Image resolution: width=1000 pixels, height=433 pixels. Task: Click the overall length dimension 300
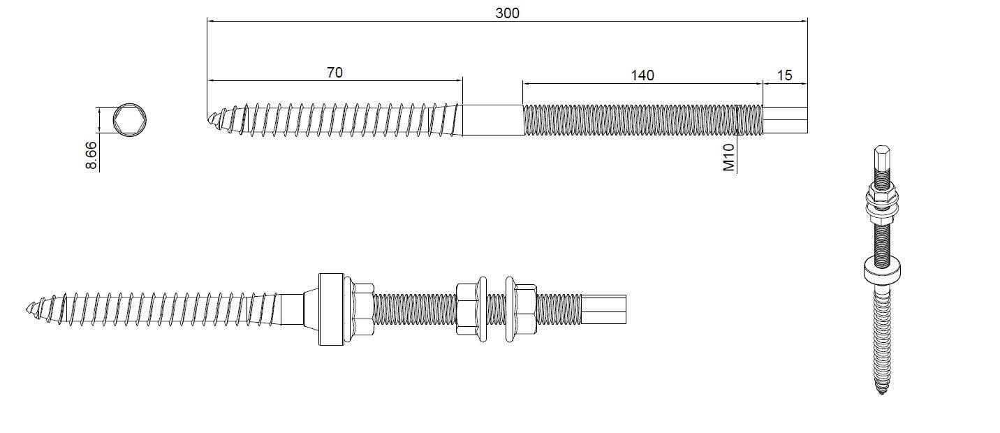click(508, 13)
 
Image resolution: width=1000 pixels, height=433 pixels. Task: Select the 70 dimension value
click(334, 72)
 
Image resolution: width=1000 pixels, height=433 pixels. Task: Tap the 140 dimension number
click(642, 75)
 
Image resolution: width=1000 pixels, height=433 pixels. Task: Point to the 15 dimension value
click(785, 75)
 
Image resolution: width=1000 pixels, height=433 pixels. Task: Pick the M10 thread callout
click(729, 159)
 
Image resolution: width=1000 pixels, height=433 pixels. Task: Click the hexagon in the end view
click(126, 119)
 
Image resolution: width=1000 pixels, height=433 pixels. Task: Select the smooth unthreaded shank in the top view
click(492, 119)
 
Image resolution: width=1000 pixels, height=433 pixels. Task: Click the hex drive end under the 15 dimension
click(785, 119)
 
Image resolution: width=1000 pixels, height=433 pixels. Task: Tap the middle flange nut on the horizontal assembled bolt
click(471, 308)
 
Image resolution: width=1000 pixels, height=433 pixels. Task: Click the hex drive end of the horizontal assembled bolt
click(604, 308)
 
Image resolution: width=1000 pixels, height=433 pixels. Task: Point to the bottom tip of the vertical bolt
click(881, 393)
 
